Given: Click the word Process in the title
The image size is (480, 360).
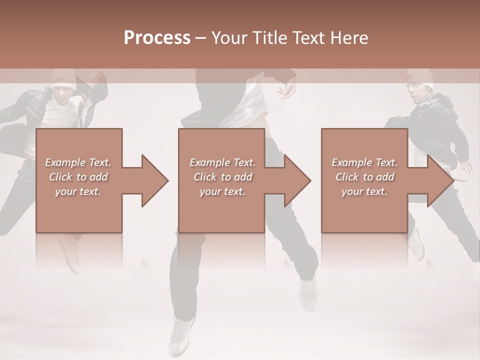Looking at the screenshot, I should click(x=157, y=38).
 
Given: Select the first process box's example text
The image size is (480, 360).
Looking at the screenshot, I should click(x=78, y=177).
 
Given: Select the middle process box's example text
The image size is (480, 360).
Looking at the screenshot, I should click(x=222, y=177).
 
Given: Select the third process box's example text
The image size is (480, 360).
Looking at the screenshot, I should click(x=364, y=177).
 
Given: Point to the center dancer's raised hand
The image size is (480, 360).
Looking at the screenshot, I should click(x=287, y=89).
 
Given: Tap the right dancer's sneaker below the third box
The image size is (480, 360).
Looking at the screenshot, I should click(x=416, y=244).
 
